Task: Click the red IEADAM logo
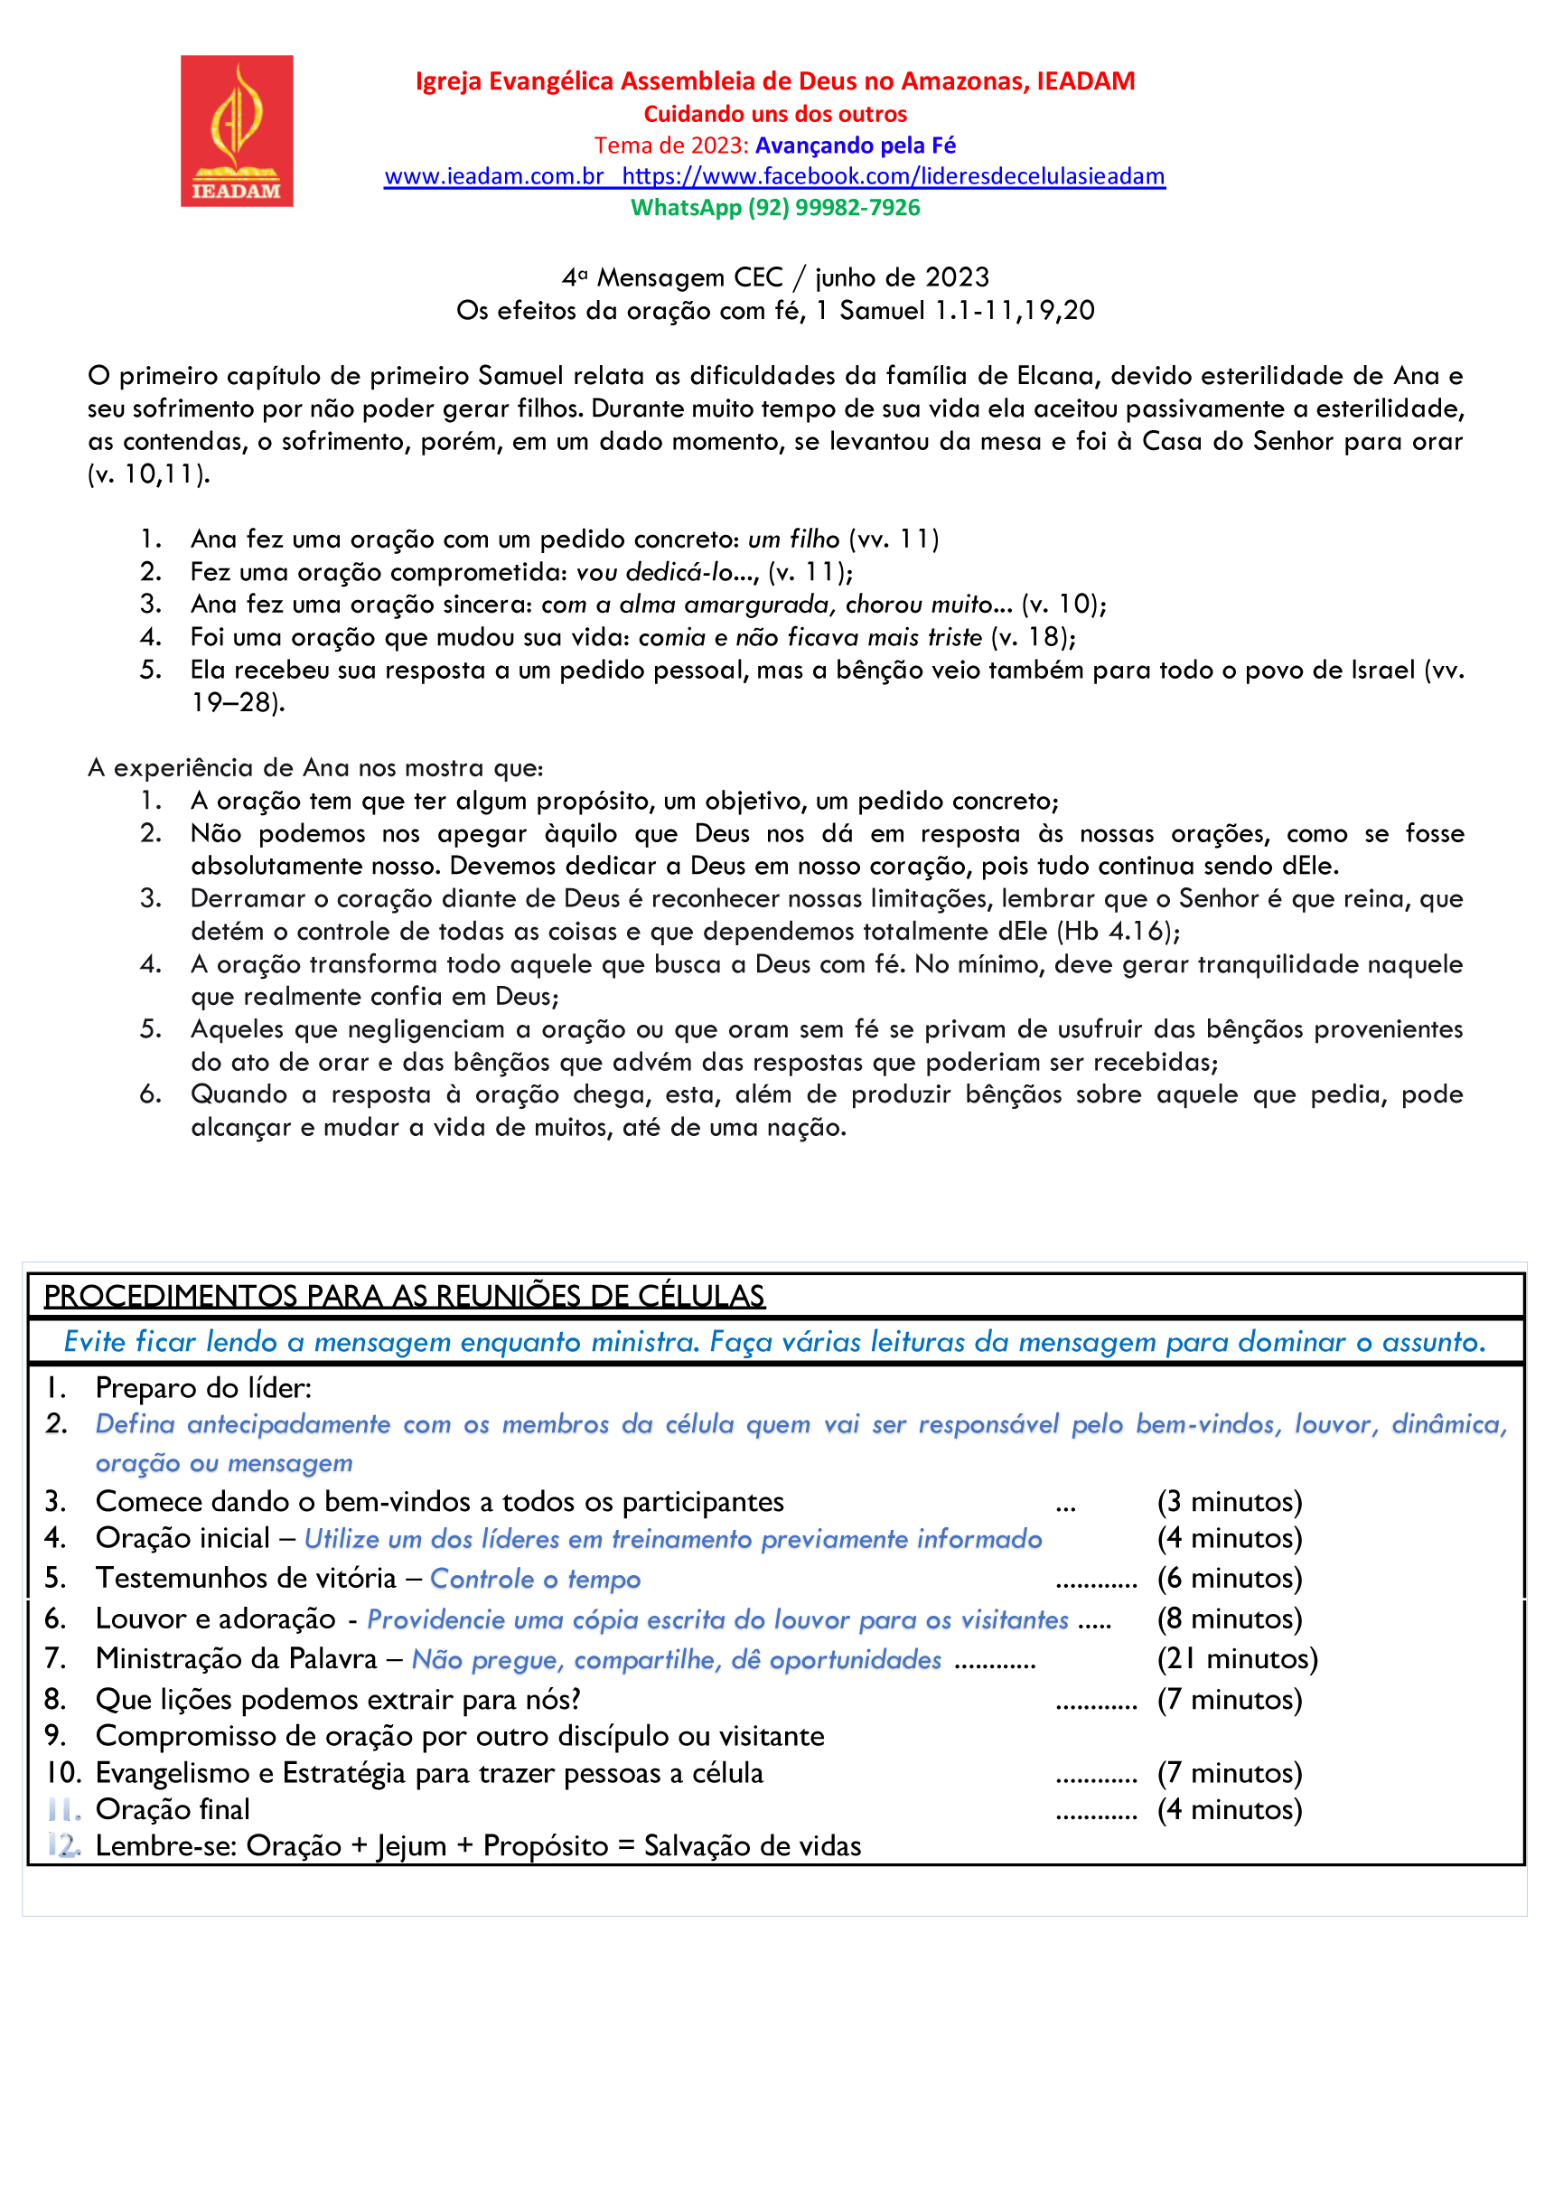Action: (x=237, y=131)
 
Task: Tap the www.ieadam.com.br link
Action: (x=493, y=177)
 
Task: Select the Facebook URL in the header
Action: (x=894, y=177)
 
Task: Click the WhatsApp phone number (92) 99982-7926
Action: (x=834, y=208)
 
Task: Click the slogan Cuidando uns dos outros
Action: (x=775, y=114)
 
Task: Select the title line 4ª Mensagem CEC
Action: (x=775, y=277)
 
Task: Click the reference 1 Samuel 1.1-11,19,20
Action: (x=955, y=310)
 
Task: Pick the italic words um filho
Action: (x=793, y=539)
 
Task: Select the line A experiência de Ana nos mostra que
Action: (x=315, y=768)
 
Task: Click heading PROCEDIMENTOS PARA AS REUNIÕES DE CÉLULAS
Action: (x=405, y=1297)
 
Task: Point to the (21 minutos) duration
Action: (x=1237, y=1658)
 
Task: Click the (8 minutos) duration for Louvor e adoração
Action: (x=1230, y=1619)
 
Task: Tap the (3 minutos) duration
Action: (x=1230, y=1502)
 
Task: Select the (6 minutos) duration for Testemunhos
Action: (x=1230, y=1579)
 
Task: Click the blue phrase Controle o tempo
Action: (x=535, y=1580)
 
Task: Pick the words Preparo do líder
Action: (x=203, y=1388)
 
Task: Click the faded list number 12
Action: (x=63, y=1846)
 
